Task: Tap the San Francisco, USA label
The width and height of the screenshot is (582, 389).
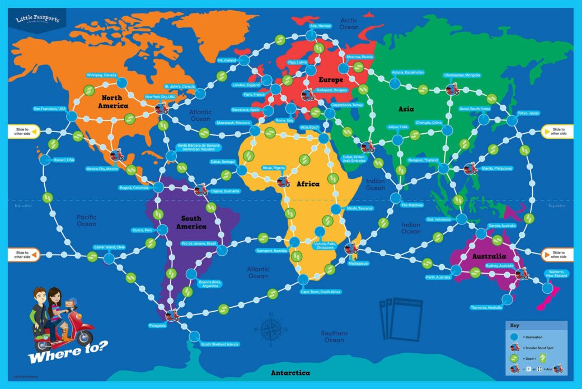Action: coord(50,109)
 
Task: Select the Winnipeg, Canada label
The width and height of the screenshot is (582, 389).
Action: coord(101,75)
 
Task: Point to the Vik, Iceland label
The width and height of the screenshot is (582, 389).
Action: coord(227,60)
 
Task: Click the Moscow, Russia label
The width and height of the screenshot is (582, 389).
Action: coord(360,57)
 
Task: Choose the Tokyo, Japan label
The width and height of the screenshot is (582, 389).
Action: coord(528,113)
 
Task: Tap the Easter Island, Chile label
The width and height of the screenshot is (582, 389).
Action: coord(109,247)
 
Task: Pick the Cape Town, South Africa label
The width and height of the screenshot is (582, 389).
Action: coord(320,292)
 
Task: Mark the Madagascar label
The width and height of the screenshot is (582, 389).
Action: coord(358,263)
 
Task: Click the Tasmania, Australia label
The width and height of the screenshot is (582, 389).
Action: coord(486,308)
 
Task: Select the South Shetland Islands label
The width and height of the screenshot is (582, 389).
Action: coord(220,344)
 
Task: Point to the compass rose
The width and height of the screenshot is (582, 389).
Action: coord(270,329)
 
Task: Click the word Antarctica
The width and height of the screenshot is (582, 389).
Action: coord(290,372)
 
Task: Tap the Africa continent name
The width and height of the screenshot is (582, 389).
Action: coord(308,184)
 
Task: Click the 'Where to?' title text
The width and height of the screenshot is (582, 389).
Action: coord(57,358)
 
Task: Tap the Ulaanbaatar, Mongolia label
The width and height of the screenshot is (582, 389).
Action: coord(462,75)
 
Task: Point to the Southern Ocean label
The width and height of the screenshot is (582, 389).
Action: coord(334,336)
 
